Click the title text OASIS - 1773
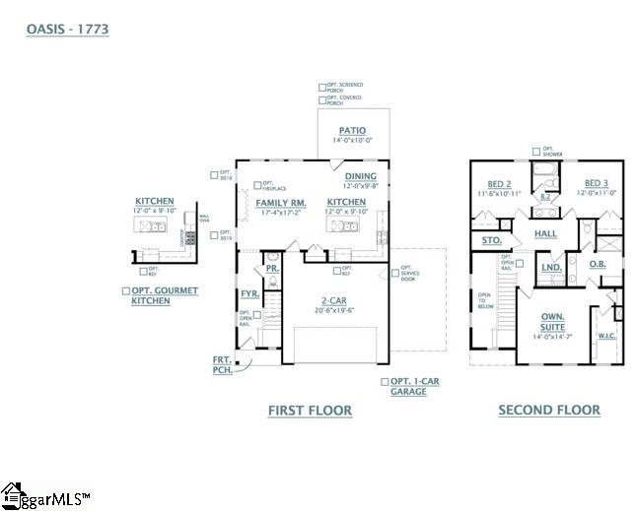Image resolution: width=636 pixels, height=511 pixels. coord(67,30)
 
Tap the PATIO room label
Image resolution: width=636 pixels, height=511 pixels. coord(352,130)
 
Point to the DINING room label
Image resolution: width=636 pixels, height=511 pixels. coord(360,176)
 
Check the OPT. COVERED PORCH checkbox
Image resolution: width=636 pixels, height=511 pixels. coord(322,99)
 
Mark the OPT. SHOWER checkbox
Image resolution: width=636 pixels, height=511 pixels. coord(535,152)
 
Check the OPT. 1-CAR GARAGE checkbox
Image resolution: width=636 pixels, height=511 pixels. coord(385,381)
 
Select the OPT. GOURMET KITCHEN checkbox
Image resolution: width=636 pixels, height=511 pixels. coord(125,290)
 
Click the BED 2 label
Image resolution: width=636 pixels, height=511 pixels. coord(499,184)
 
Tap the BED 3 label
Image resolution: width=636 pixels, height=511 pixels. coord(596,183)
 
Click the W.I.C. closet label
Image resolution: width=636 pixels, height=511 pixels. coord(607,336)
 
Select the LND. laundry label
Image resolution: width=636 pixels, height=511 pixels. coord(552,267)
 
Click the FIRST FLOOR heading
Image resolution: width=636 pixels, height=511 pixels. coord(310,411)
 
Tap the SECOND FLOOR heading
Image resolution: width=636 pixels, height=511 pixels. coord(548,411)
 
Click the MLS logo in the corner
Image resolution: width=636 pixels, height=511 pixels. coord(44,496)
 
